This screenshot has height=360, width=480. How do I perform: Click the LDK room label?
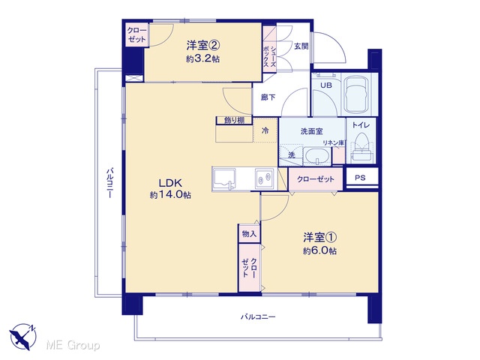pos(170,183)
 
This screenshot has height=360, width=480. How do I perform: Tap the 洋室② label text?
pos(203,46)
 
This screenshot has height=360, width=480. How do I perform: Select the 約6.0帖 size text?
pos(320,251)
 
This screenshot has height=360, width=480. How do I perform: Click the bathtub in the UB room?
pos(356,94)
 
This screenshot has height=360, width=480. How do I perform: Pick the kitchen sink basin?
pos(224,179)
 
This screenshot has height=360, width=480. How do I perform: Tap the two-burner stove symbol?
pos(264,178)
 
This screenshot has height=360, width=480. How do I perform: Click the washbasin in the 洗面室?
pos(316,156)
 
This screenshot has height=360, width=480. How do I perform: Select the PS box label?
pos(360,178)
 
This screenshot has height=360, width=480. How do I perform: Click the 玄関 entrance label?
pos(301,46)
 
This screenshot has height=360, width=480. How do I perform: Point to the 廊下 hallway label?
pos(268,97)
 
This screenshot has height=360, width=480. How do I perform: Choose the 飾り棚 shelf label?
pos(234,120)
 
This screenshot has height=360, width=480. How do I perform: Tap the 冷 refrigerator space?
pos(265,130)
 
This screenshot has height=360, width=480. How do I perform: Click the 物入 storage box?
pos(249,234)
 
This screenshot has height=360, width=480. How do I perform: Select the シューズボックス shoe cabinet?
pos(270,49)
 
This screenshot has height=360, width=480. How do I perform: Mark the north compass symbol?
pos(23,337)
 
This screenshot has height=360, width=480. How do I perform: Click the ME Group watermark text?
pos(73,345)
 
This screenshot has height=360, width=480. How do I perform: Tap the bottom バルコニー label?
pos(258,316)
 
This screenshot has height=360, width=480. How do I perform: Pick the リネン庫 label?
pos(334,142)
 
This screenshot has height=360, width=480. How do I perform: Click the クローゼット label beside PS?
pos(315,179)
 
